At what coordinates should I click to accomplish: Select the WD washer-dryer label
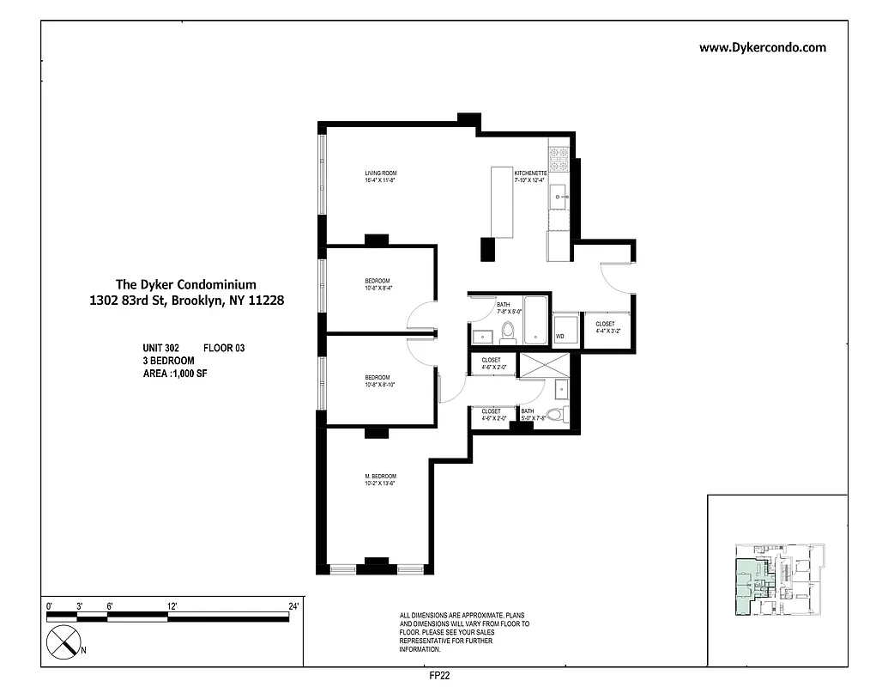560,336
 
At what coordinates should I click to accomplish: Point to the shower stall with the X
542,363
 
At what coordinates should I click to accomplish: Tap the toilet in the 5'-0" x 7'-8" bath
554,415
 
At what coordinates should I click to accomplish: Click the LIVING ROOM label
380,173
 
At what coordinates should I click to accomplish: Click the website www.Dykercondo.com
762,48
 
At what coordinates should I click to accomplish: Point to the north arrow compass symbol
63,641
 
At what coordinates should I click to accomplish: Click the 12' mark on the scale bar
172,607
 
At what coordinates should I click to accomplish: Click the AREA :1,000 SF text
174,374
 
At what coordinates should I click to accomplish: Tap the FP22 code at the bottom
439,676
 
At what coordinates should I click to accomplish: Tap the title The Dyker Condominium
185,284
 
